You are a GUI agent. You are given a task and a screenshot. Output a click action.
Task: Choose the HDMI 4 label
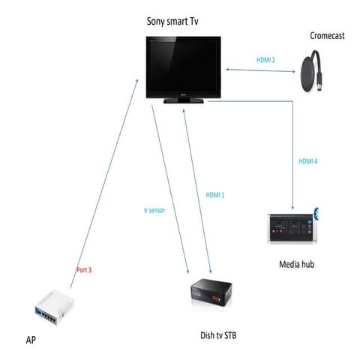tap(308, 160)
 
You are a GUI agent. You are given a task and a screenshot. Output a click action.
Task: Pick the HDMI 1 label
tap(214, 195)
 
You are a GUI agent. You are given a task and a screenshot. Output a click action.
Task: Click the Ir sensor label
tap(154, 211)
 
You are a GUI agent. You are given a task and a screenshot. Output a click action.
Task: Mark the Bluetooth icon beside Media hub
tap(316, 212)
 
